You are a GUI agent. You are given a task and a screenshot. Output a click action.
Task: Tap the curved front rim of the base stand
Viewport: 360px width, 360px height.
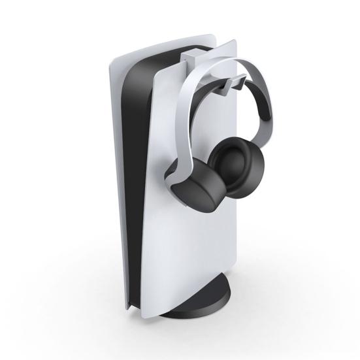[203, 307]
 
